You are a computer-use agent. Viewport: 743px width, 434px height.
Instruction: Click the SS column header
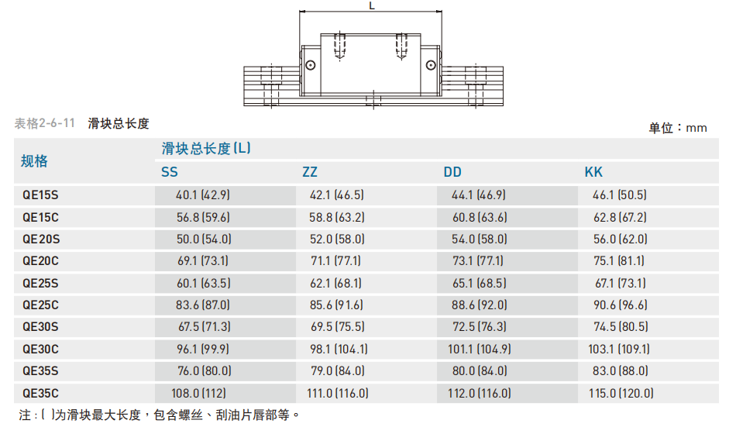[x=169, y=172]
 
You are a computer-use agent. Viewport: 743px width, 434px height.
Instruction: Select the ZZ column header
[x=310, y=172]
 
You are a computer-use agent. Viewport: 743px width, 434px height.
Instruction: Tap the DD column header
[x=452, y=172]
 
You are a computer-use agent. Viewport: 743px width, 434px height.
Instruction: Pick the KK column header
[x=593, y=172]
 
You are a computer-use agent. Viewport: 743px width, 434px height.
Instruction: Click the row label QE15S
[x=40, y=195]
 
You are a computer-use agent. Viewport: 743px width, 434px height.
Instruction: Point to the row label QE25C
[x=41, y=305]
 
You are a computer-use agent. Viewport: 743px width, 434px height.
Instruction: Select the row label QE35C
[x=41, y=393]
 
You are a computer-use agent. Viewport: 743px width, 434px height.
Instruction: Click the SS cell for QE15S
[x=203, y=195]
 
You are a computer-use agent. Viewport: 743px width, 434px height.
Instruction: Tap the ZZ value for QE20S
[x=337, y=239]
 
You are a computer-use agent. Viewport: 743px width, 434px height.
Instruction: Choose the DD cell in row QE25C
[x=479, y=305]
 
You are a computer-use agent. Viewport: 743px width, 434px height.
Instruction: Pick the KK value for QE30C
[x=619, y=350]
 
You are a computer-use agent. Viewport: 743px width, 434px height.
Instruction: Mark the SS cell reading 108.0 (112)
[x=198, y=393]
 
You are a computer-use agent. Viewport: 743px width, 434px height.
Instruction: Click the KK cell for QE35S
[x=621, y=371]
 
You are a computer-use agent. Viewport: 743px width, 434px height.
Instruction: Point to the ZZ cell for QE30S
[x=338, y=327]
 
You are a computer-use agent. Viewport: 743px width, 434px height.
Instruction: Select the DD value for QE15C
[x=480, y=218]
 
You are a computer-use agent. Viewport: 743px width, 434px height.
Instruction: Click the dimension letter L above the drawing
[x=372, y=5]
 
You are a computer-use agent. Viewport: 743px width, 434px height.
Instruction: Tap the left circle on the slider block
[x=311, y=65]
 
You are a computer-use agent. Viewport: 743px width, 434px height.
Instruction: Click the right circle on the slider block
[x=431, y=65]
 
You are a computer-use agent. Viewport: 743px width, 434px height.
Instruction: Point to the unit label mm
[x=696, y=129]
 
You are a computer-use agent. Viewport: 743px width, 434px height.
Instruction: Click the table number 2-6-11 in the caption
[x=57, y=124]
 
